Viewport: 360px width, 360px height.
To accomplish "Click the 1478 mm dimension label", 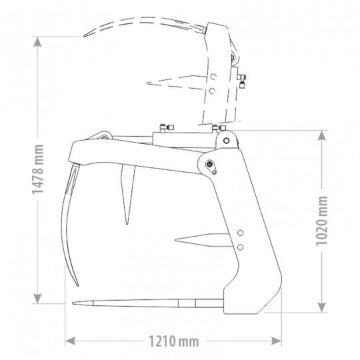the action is coord(37,169).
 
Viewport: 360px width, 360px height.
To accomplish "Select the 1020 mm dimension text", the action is coord(322,221).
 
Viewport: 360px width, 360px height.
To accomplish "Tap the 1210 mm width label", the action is coord(173,341).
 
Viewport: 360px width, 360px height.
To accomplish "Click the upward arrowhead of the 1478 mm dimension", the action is coord(37,42).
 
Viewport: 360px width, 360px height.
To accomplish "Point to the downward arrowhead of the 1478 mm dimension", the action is coord(37,299).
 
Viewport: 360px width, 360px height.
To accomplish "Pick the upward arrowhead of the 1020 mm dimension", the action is coord(322,135).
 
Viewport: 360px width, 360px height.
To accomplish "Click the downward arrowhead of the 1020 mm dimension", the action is coord(322,307).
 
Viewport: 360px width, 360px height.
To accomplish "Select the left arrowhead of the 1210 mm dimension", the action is coord(70,341).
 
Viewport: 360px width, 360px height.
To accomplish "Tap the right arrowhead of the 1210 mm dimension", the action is coord(277,341).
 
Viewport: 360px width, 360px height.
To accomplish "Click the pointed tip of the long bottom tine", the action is coord(73,303).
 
